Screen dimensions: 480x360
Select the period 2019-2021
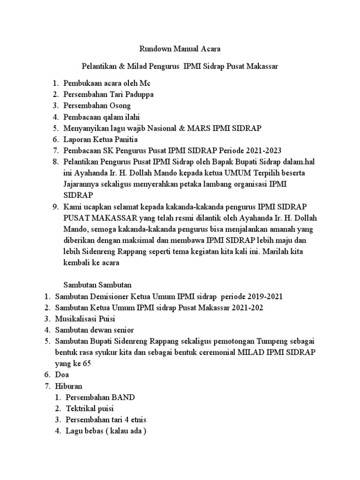(x=264, y=297)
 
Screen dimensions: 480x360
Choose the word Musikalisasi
(x=75, y=319)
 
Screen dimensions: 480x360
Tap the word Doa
(x=61, y=375)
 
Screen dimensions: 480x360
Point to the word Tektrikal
(x=81, y=409)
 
